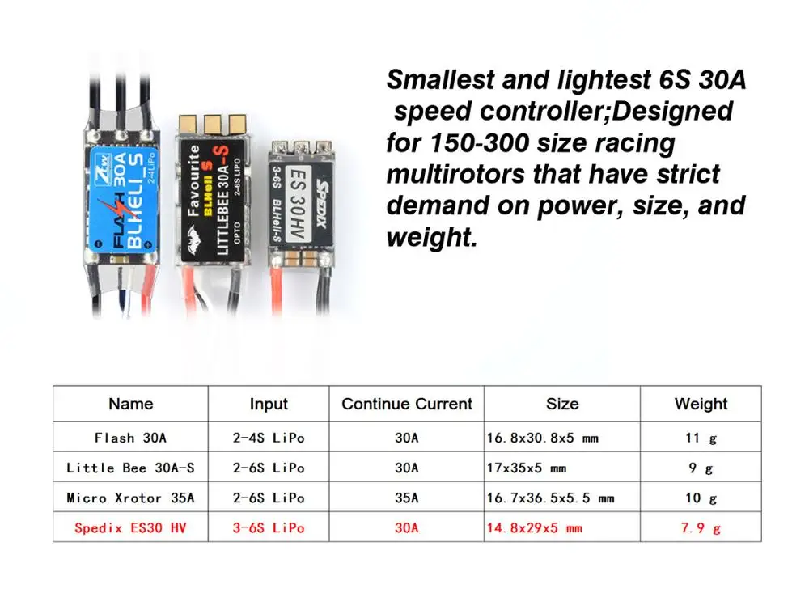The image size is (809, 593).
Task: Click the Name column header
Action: [130, 404]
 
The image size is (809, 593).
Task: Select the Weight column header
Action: [701, 404]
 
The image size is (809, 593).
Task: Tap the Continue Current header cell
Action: [406, 404]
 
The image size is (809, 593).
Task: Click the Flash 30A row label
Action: [130, 438]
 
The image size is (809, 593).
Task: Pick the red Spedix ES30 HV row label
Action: [130, 528]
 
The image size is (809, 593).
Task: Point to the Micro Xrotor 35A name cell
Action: [130, 498]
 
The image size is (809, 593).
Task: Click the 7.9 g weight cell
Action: [701, 528]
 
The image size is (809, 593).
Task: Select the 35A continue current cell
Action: [406, 498]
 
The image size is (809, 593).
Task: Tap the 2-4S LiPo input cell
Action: [268, 438]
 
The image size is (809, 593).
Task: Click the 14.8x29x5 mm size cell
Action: [535, 528]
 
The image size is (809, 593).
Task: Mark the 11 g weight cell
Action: [701, 438]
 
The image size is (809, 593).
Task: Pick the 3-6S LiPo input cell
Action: [268, 528]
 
